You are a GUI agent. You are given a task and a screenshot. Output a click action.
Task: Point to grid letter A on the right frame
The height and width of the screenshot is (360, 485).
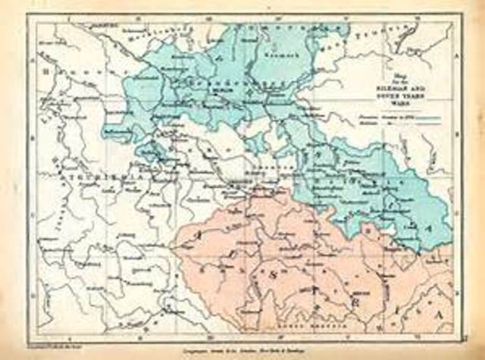point(458,59)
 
